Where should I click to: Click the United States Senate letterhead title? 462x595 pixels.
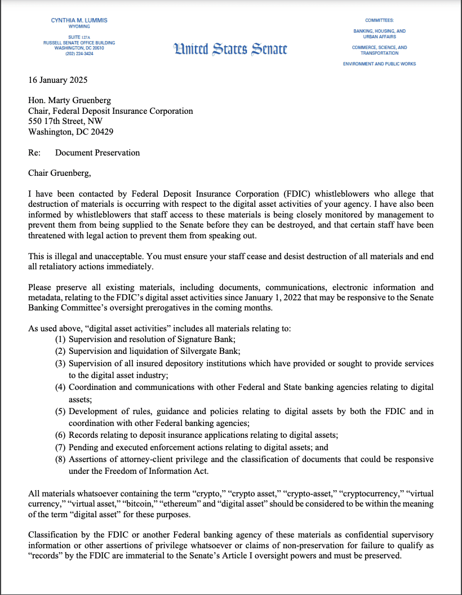230,49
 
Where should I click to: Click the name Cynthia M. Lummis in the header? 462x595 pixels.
79,20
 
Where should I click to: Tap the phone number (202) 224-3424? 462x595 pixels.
79,54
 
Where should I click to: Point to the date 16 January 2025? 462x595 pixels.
58,80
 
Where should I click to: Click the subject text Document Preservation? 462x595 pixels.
97,153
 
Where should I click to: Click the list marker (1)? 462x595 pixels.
60,339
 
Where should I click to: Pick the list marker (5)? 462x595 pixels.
60,411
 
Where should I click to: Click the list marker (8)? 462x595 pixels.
60,459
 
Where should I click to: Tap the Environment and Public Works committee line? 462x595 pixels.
379,64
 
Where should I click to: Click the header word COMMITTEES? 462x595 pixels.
379,20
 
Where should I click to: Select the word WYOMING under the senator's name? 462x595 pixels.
79,26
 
